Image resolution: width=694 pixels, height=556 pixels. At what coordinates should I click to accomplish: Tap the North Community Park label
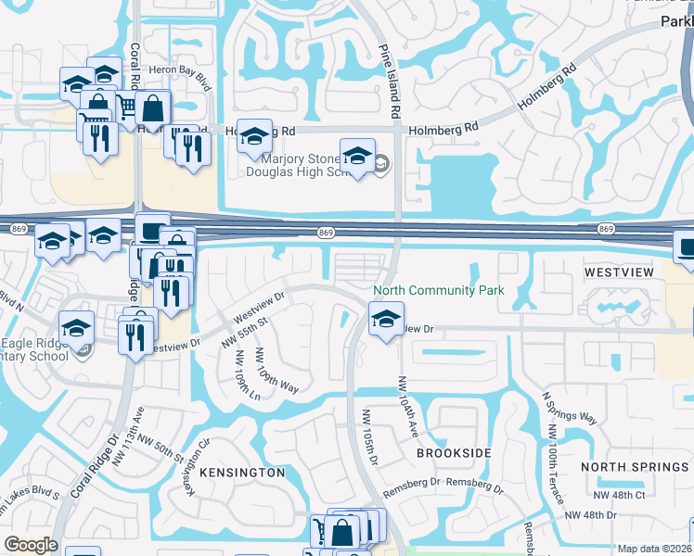coord(439,291)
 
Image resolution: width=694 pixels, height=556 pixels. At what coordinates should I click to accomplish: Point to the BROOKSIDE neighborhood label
coord(454,453)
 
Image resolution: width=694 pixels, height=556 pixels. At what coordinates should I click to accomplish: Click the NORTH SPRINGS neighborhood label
coord(636,467)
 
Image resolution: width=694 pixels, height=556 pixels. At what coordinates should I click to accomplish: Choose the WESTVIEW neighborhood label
coord(619,272)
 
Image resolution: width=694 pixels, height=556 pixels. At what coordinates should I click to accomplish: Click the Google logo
coord(31,545)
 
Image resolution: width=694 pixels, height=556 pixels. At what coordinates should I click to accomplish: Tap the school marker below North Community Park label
coord(385,322)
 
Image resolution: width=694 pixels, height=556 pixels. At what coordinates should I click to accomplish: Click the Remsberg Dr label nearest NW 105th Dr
coord(409,483)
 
